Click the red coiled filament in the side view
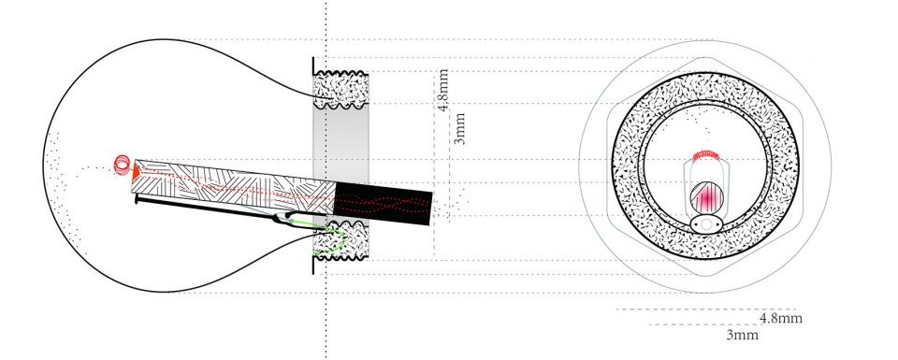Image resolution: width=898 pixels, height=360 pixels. (122, 165)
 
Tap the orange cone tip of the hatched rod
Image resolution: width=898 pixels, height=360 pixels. (135, 170)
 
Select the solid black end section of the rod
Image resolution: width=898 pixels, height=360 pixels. (383, 203)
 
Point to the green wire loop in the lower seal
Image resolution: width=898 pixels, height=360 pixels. (332, 239)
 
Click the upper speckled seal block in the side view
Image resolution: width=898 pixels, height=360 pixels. (340, 90)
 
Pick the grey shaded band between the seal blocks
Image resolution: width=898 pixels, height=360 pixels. (340, 145)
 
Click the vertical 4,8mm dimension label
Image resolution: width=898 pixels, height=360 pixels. (442, 91)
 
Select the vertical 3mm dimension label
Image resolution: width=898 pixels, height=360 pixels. (459, 129)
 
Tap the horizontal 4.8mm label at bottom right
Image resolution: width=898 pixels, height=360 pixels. (780, 318)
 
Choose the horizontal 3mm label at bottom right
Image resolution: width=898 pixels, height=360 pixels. (742, 335)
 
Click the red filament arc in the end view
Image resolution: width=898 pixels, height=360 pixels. (705, 155)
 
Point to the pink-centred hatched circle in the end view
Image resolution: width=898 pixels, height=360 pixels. (707, 198)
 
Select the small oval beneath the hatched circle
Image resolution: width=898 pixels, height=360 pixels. (706, 223)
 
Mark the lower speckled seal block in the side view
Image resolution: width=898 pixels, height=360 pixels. (340, 240)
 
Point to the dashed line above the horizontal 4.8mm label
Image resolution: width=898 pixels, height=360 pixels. (706, 310)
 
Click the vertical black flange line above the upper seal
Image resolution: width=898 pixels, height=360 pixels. (313, 65)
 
